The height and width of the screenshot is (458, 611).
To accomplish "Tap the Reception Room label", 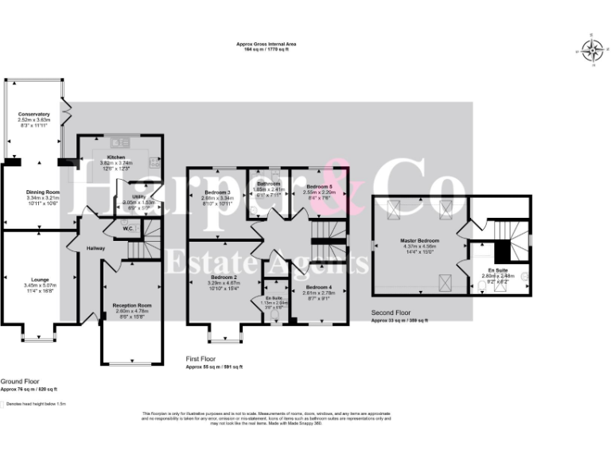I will (x=132, y=305).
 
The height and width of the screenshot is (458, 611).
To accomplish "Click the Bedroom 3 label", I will (x=217, y=192).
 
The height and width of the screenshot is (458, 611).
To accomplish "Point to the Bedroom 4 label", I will (x=318, y=287).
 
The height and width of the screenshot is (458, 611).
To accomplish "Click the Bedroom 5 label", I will (x=320, y=186).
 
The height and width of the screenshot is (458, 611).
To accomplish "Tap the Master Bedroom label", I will (x=418, y=240).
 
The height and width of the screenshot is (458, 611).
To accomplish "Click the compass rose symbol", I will (x=591, y=50).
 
